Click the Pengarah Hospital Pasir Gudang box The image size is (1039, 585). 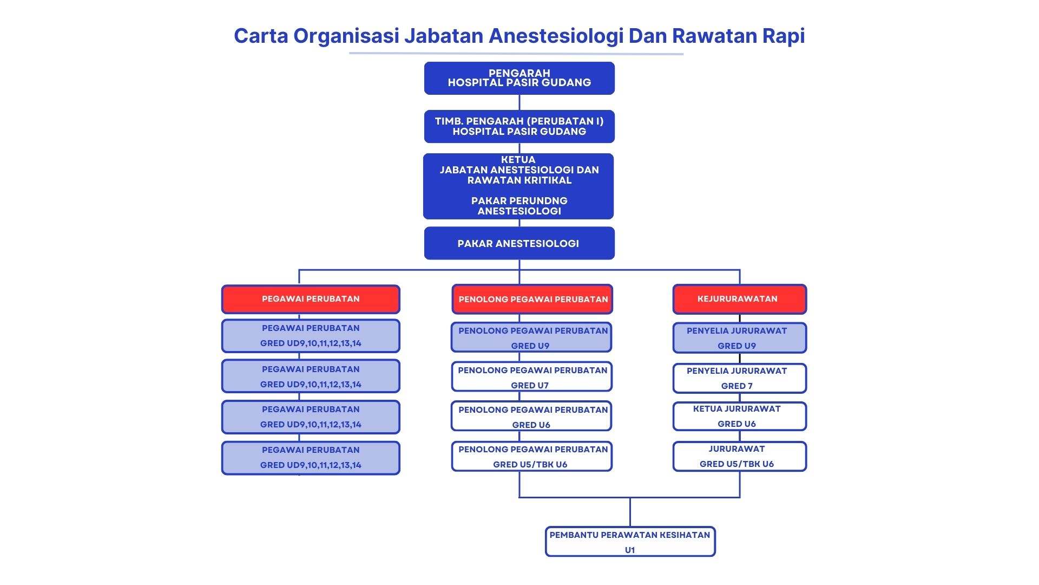(x=519, y=78)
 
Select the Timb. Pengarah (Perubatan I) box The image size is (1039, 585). (x=519, y=126)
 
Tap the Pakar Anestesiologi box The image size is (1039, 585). (x=519, y=243)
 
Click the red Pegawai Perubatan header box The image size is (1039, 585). (x=311, y=299)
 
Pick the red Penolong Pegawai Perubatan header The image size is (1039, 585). (x=532, y=299)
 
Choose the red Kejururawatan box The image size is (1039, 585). (x=739, y=299)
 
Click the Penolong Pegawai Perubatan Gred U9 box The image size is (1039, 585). (x=531, y=337)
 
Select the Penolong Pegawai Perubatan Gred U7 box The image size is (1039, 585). (x=531, y=377)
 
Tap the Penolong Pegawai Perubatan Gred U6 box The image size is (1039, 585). (x=531, y=417)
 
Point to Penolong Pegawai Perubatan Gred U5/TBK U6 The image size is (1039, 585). (x=531, y=457)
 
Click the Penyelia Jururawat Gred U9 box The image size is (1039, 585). (x=739, y=338)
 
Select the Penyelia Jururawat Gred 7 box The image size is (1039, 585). (x=739, y=378)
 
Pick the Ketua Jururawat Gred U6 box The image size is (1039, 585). (x=739, y=416)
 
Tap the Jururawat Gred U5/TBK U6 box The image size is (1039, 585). (x=739, y=456)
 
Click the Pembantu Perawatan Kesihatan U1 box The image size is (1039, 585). (x=630, y=542)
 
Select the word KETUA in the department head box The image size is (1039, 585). (x=518, y=160)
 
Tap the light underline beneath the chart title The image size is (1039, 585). (x=516, y=54)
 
